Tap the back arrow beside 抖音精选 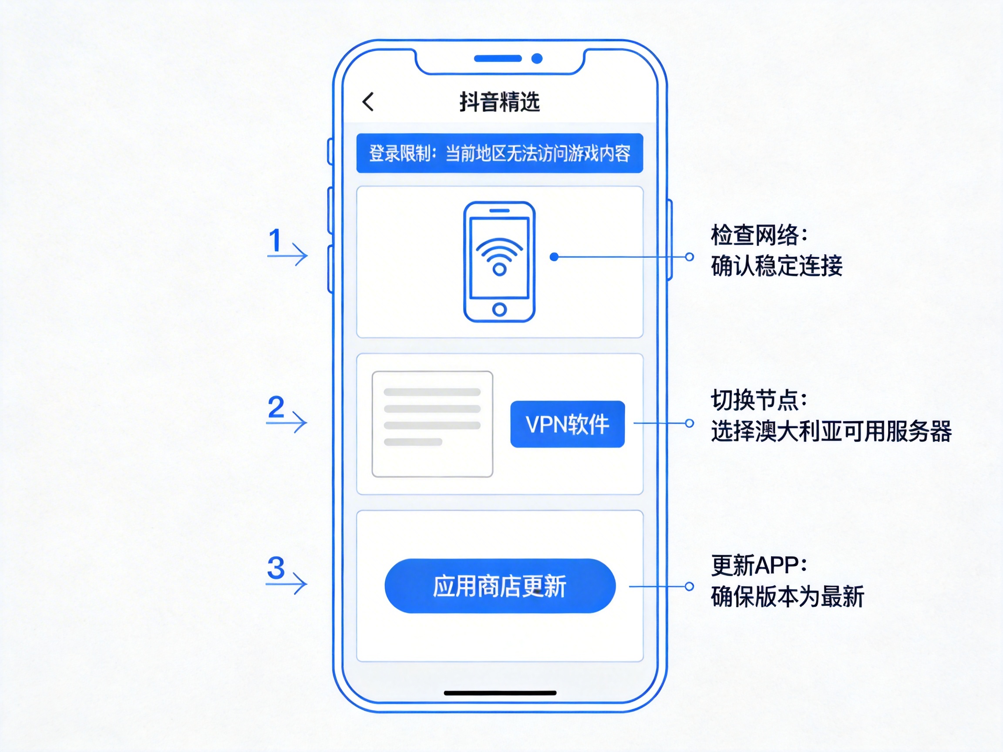(x=368, y=101)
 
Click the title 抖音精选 (x=500, y=101)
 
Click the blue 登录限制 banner (x=500, y=153)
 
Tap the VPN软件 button (x=567, y=424)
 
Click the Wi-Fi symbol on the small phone (x=499, y=256)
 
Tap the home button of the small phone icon (x=499, y=309)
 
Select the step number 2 (x=276, y=407)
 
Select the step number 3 (x=276, y=568)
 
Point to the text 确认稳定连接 (x=776, y=266)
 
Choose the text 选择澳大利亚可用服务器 (x=831, y=431)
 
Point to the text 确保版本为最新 (x=787, y=597)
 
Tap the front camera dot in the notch (x=537, y=58)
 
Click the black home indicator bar (x=500, y=693)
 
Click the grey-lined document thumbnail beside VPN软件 (x=432, y=424)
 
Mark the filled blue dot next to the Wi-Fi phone (x=554, y=257)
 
